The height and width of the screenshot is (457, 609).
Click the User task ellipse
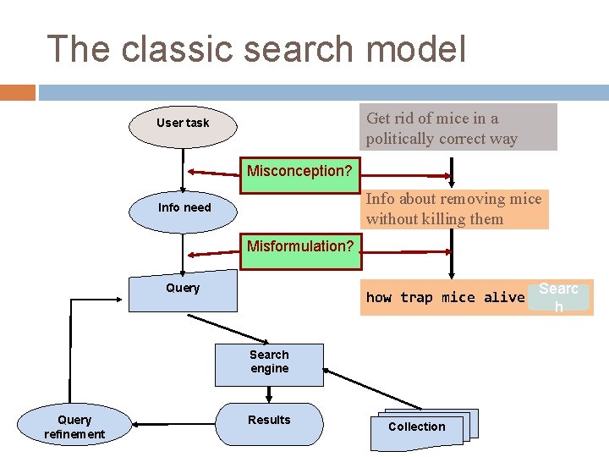pyautogui.click(x=182, y=124)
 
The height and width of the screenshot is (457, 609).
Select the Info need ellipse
pyautogui.click(x=184, y=208)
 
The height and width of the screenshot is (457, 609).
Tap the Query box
pyautogui.click(x=183, y=289)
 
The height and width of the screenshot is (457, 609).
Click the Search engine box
pyautogui.click(x=269, y=362)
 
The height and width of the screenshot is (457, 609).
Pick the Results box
pyautogui.click(x=269, y=422)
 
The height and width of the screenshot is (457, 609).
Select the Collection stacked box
pyautogui.click(x=417, y=428)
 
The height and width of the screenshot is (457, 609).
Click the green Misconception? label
pyautogui.click(x=299, y=172)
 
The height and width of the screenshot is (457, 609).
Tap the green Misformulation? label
pyautogui.click(x=299, y=247)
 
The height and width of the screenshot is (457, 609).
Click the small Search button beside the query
pyautogui.click(x=558, y=297)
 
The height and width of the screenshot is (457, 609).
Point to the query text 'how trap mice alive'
pyautogui.click(x=445, y=298)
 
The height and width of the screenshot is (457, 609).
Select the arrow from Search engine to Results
pyautogui.click(x=269, y=394)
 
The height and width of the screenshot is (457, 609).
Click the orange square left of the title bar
pyautogui.click(x=18, y=92)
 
